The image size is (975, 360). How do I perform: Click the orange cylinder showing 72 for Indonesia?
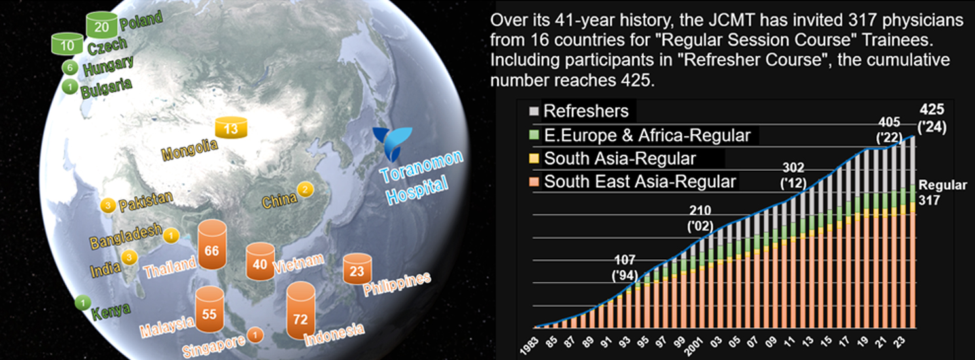(x=301, y=310)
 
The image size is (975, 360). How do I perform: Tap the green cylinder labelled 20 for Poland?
(x=102, y=25)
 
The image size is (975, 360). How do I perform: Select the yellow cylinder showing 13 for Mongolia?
(x=231, y=128)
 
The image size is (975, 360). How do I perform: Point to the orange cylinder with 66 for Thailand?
(x=212, y=244)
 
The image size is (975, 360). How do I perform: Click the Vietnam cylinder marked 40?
(x=260, y=261)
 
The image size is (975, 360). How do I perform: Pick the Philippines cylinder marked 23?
(x=357, y=268)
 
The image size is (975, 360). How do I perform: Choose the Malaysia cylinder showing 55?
(x=209, y=310)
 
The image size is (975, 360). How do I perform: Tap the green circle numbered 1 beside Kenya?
(x=82, y=302)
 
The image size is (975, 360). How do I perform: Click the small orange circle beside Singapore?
(x=255, y=334)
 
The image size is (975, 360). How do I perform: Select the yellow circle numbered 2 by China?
(x=305, y=189)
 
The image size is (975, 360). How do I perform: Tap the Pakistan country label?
(x=146, y=202)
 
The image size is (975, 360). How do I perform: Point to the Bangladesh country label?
(x=126, y=237)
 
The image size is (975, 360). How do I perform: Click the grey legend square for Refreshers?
(x=534, y=111)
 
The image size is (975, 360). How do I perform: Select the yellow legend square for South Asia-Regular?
(x=534, y=158)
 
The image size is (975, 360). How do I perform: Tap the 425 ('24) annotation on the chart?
(x=932, y=118)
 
